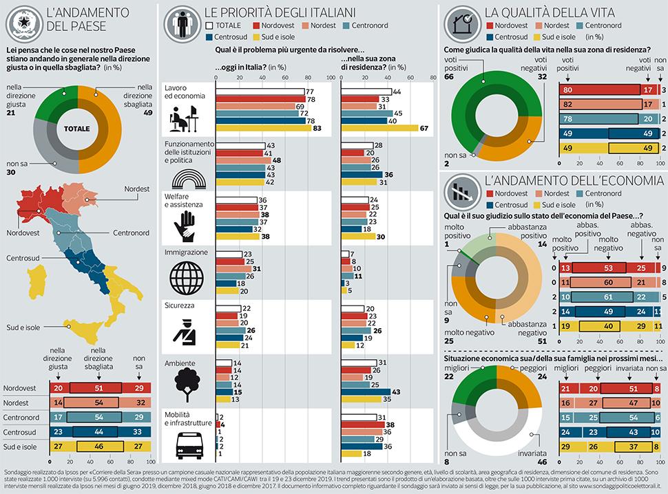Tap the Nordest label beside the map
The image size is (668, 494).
(136, 189)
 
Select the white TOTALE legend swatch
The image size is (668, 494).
(211, 25)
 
